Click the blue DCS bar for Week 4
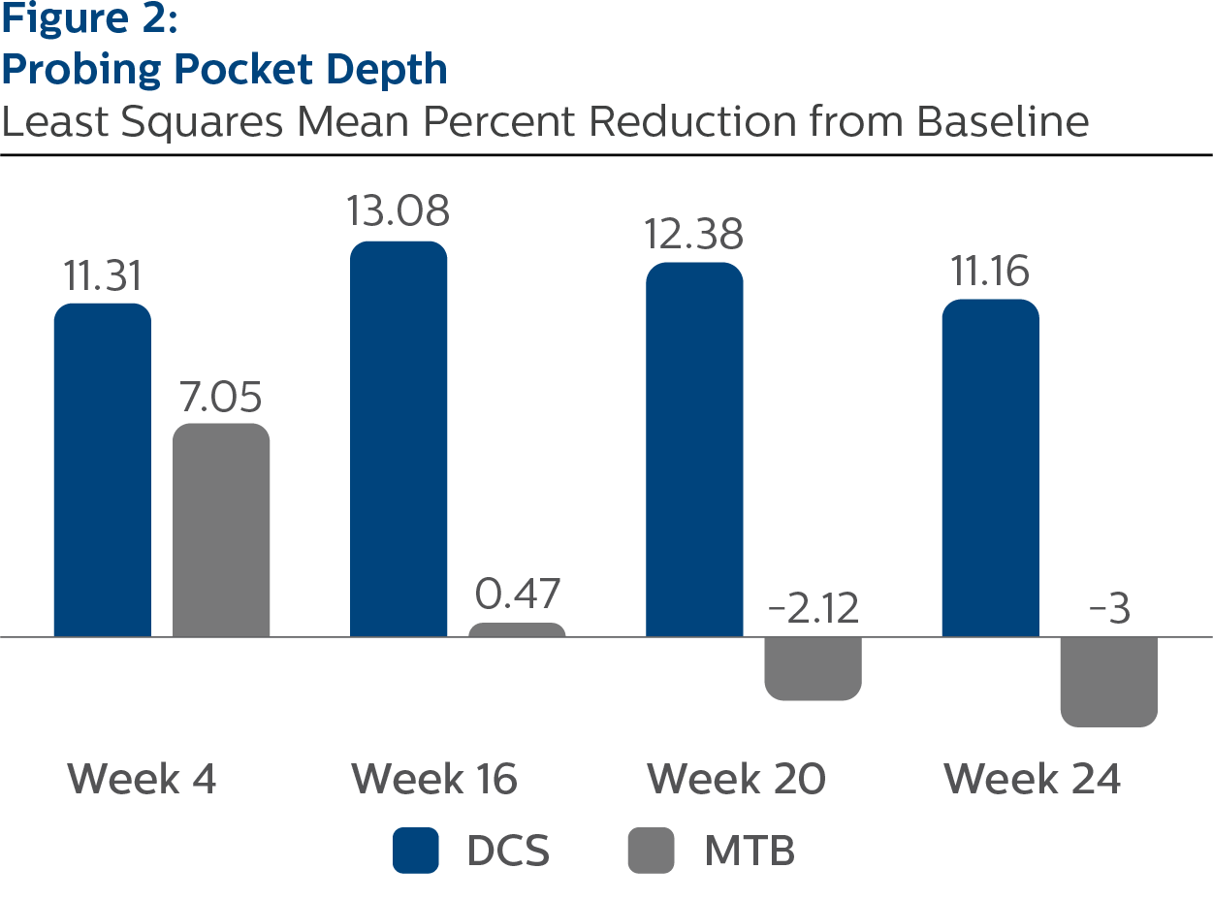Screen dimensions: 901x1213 pos(102,470)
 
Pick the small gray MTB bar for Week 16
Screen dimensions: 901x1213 pos(517,630)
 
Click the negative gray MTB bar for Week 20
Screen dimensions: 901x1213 pos(813,668)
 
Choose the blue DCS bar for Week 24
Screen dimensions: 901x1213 pos(990,468)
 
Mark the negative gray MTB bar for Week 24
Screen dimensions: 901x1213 pos(1108,681)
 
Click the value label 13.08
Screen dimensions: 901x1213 pos(399,211)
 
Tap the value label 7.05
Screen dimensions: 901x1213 pos(221,399)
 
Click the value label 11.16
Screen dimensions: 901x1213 pos(990,274)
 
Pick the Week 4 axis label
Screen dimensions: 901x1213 pos(142,779)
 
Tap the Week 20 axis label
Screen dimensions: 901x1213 pos(736,779)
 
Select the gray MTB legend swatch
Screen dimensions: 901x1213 pos(652,852)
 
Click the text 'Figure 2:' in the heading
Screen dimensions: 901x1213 pos(89,21)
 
